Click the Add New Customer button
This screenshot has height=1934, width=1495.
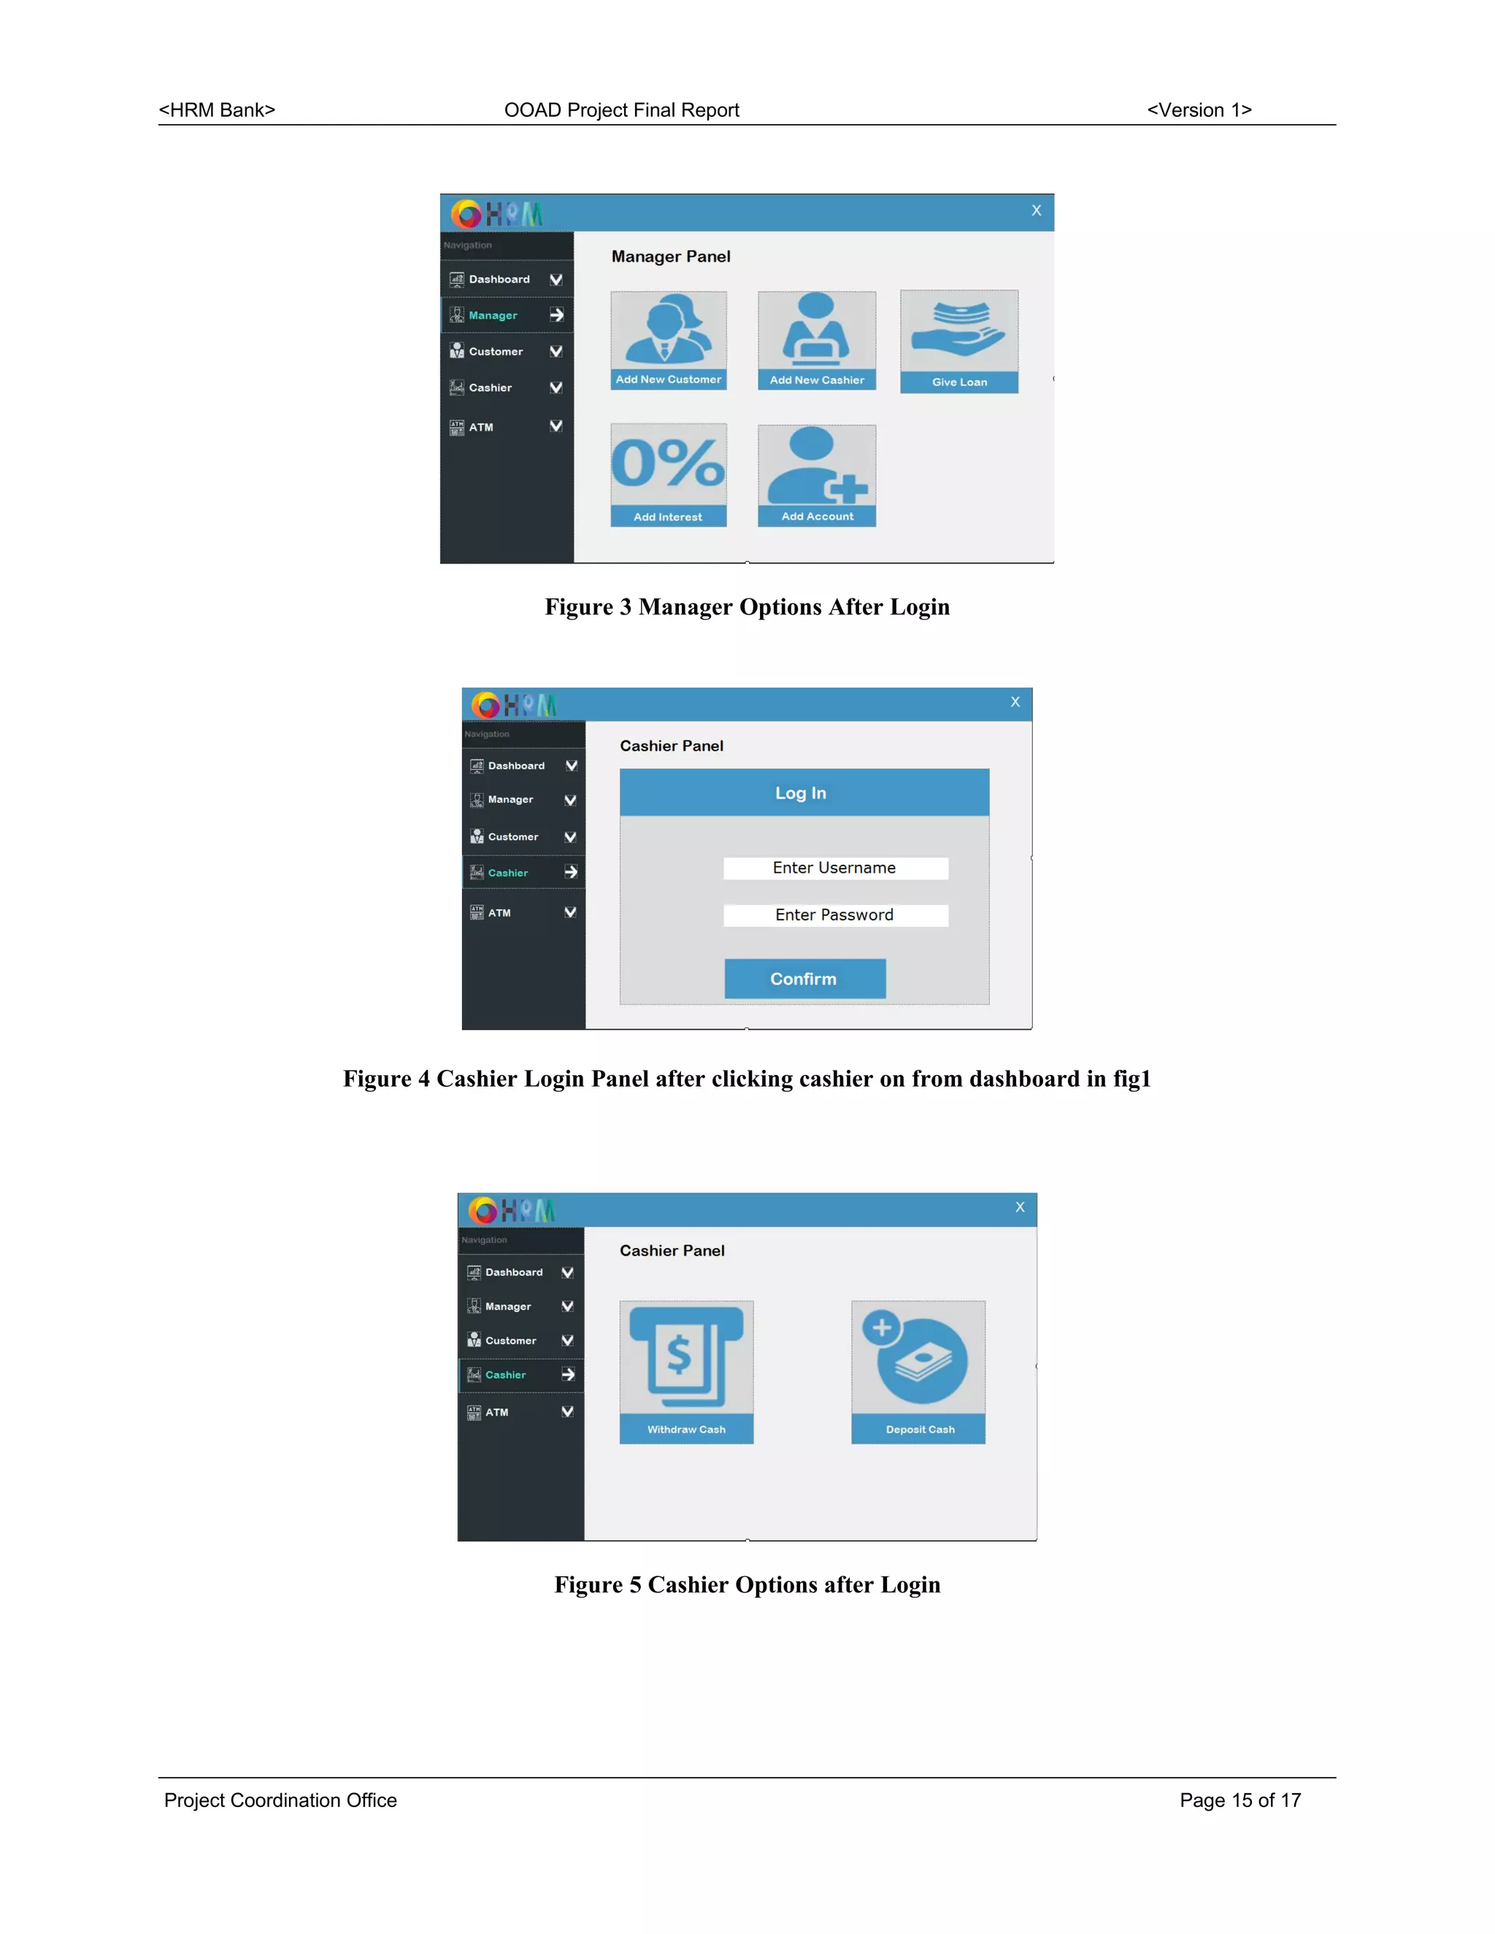coord(669,341)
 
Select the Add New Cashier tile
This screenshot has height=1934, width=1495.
coord(817,341)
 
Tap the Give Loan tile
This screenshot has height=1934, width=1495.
coord(959,342)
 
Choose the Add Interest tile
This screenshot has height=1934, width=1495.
coord(669,476)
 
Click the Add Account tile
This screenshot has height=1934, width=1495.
coord(817,477)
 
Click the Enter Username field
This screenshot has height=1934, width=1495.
coord(835,868)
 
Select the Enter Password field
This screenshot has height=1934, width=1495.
coord(835,914)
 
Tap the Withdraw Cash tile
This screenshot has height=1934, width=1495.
coord(686,1373)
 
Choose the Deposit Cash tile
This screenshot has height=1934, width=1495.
coord(918,1373)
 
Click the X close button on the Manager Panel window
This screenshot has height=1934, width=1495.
coord(1037,211)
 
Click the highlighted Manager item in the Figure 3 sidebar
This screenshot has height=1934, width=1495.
coord(507,315)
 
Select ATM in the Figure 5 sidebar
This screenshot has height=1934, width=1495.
coord(520,1411)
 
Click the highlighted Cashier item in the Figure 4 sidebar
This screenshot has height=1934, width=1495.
coord(523,872)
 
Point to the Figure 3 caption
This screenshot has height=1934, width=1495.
coord(747,606)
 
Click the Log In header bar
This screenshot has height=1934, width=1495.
coord(804,793)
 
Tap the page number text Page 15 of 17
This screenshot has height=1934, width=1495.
coord(1240,1800)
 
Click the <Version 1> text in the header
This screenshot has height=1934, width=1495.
coord(1199,109)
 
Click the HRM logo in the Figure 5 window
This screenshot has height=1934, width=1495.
coord(512,1209)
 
